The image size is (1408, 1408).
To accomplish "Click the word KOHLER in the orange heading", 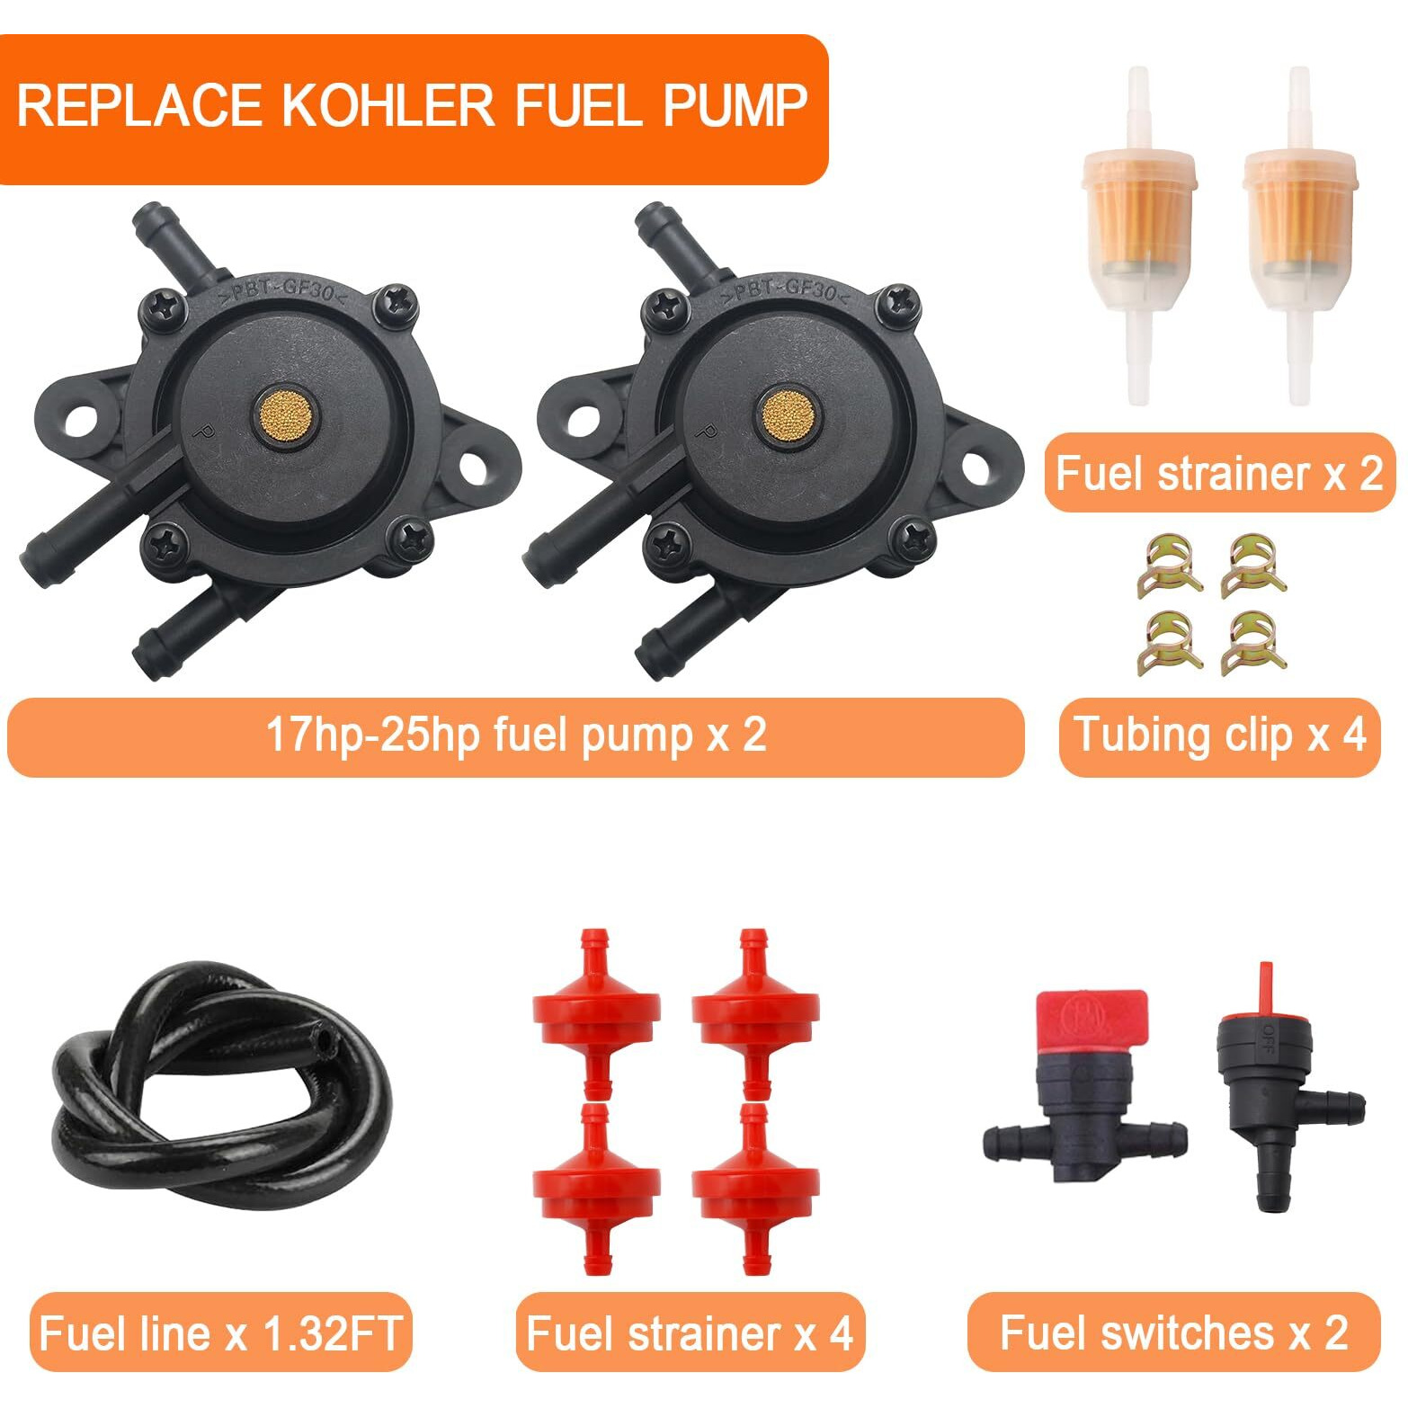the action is (x=388, y=105).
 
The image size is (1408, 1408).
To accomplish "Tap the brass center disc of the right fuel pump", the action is (x=789, y=414).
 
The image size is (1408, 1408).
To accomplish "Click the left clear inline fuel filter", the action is (x=1138, y=236).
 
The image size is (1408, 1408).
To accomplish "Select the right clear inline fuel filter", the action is (x=1300, y=236).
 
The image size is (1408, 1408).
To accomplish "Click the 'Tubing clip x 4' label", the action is (x=1220, y=735).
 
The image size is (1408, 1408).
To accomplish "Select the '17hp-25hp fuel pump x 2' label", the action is (x=516, y=735).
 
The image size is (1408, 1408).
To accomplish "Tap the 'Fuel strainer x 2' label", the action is (x=1219, y=473).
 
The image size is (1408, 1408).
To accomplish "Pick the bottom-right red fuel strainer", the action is (x=755, y=1189).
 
